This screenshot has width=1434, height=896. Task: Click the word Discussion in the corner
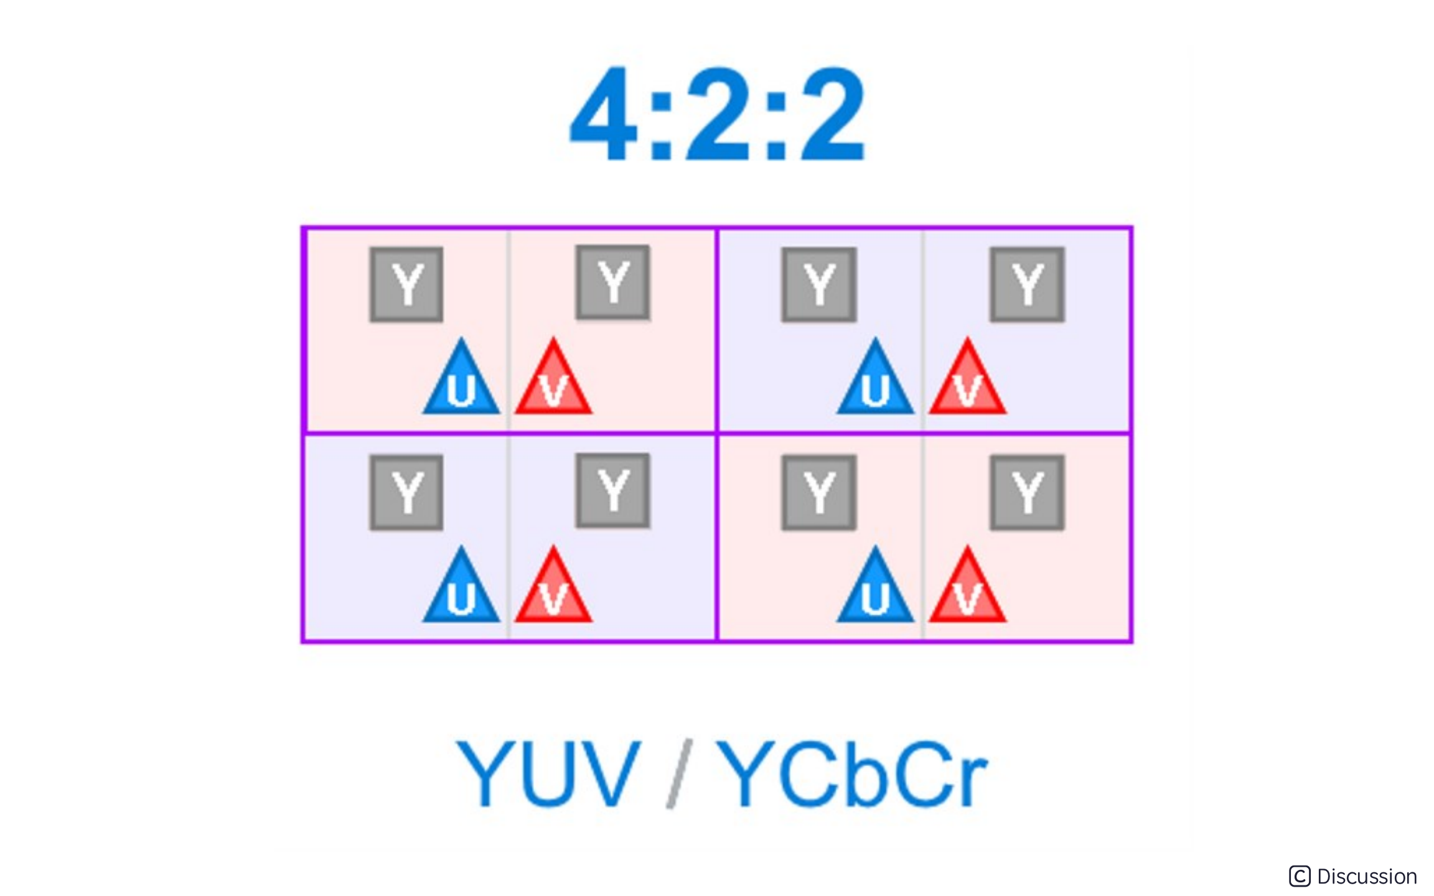pyautogui.click(x=1367, y=877)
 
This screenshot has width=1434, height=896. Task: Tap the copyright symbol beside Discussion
pyautogui.click(x=1300, y=877)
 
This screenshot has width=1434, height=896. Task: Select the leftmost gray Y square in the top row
pyautogui.click(x=406, y=285)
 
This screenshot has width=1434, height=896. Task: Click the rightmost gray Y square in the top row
pyautogui.click(x=1027, y=285)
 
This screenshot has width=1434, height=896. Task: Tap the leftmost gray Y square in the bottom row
pyautogui.click(x=406, y=493)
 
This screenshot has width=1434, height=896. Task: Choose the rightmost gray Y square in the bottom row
pyautogui.click(x=1027, y=493)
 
